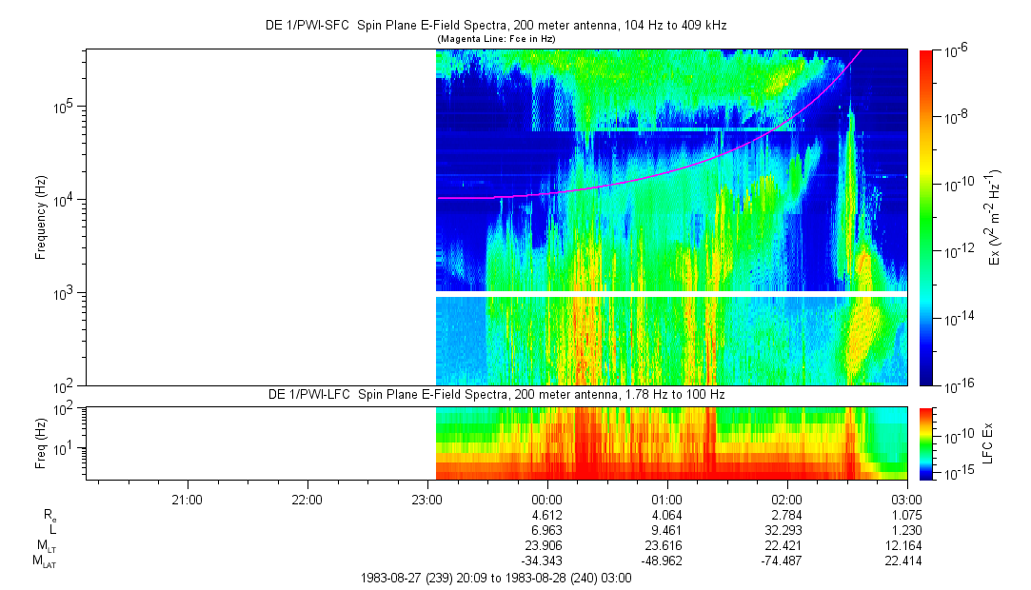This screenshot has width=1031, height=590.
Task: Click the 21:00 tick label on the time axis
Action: (x=187, y=499)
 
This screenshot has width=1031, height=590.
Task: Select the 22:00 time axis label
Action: (x=307, y=499)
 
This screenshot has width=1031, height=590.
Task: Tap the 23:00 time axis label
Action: (x=426, y=499)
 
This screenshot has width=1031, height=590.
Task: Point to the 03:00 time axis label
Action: (x=906, y=499)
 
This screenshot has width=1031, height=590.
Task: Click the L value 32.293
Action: (x=786, y=531)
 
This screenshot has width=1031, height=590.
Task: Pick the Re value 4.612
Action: (x=546, y=515)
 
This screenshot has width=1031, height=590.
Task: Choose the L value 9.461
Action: (x=666, y=531)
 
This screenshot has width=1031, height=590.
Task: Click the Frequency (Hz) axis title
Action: (x=41, y=217)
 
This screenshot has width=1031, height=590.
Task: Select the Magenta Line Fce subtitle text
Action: (x=495, y=39)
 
